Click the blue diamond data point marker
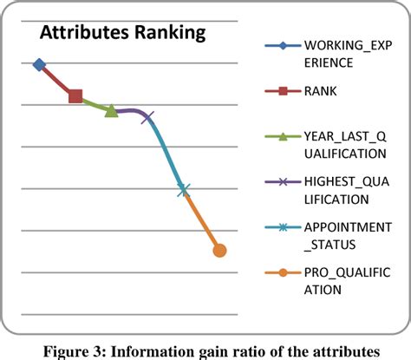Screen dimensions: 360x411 39,64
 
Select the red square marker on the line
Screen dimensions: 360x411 75,95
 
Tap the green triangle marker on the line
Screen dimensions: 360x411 111,110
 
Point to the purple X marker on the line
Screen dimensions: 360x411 147,116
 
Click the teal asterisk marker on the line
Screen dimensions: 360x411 184,189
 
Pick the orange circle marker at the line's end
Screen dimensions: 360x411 219,251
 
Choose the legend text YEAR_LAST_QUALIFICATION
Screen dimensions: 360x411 345,144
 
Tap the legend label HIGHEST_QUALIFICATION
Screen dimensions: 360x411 345,189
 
